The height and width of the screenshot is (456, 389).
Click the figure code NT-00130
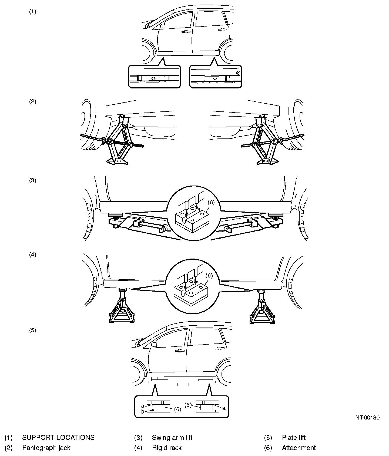367,418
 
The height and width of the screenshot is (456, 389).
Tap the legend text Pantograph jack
46,448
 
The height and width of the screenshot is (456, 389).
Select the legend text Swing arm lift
172,438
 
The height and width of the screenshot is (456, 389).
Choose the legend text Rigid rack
167,448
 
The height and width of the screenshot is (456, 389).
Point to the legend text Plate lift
294,438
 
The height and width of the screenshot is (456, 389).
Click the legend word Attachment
299,448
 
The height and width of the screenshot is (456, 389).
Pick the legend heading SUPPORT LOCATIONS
58,438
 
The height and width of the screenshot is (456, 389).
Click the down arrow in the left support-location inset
153,78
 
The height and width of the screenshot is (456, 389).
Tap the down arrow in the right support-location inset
215,78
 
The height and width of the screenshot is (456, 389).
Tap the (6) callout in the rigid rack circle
209,276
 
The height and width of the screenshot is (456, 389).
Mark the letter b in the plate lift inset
142,411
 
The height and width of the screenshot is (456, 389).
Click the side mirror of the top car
163,26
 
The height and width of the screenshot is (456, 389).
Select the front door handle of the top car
185,32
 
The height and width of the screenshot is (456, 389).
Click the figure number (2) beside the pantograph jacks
32,102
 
